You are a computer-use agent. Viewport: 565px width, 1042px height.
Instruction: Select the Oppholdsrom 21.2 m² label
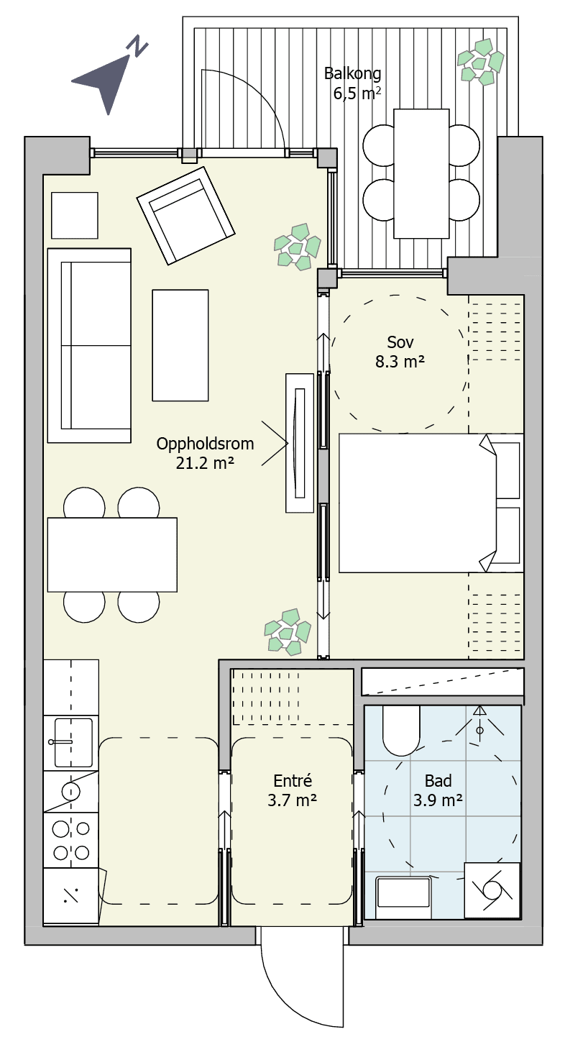[x=205, y=453]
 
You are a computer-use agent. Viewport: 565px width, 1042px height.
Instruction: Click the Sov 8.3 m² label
[x=400, y=352]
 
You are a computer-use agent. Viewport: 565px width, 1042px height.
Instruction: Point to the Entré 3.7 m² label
[x=293, y=790]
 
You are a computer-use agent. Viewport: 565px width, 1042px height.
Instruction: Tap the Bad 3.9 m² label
[x=438, y=790]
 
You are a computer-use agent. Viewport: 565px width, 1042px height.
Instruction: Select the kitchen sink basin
[x=73, y=742]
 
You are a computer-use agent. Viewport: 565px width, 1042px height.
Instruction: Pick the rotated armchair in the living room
[x=185, y=216]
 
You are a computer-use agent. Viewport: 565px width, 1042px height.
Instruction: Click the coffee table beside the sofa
[x=180, y=345]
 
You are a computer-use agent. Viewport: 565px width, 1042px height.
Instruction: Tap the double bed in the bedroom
[x=431, y=503]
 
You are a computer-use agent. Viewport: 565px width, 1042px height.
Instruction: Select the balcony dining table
[x=421, y=173]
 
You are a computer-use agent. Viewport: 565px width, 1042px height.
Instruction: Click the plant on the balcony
[x=480, y=63]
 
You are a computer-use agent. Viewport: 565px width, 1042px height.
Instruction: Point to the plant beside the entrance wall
[x=288, y=631]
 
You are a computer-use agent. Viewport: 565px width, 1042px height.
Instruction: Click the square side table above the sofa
[x=75, y=216]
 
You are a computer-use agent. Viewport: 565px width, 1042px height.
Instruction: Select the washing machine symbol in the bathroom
[x=492, y=890]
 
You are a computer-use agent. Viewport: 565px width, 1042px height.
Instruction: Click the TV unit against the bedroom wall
[x=300, y=443]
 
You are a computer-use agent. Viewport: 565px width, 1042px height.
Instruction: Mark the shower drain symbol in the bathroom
[x=480, y=731]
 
